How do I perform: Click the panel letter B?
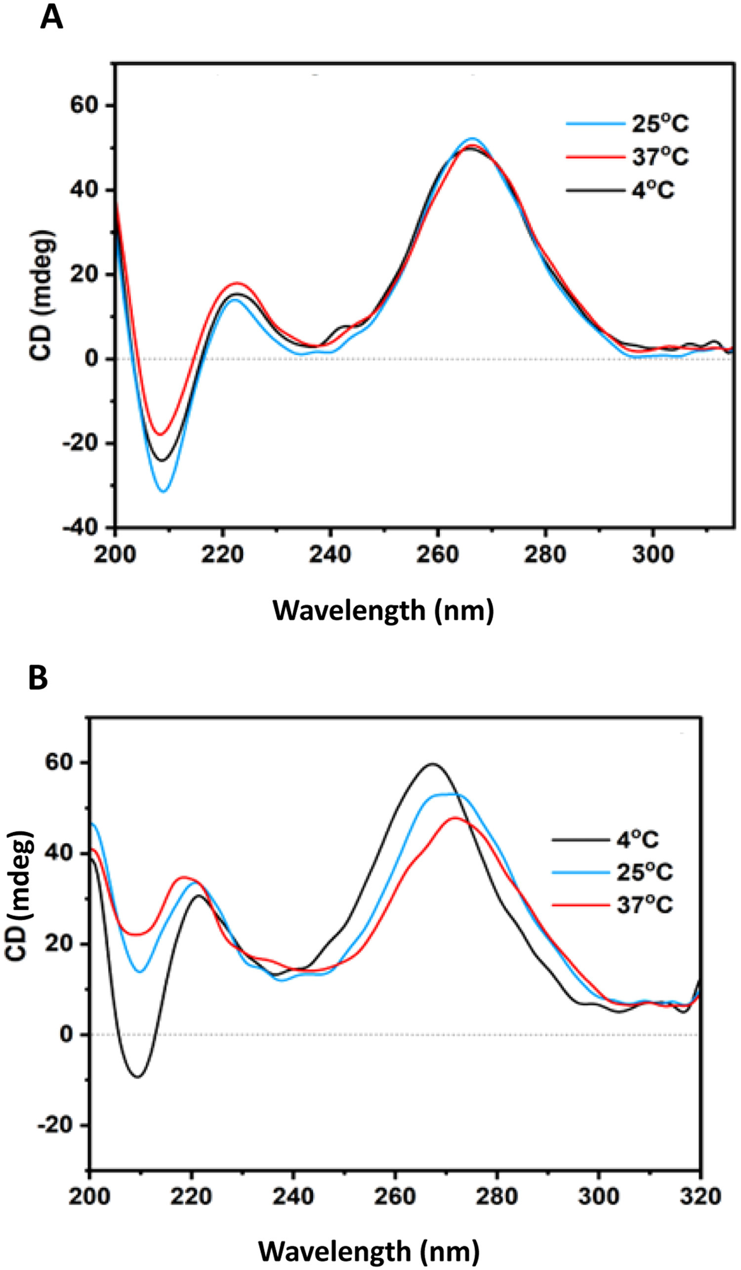[38, 678]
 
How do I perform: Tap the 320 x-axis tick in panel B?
[700, 1196]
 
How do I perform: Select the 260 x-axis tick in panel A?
[437, 554]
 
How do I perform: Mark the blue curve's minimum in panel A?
[163, 491]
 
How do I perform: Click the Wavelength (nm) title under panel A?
[383, 611]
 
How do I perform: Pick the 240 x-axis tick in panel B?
[293, 1196]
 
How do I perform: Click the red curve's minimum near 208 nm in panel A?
[160, 434]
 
